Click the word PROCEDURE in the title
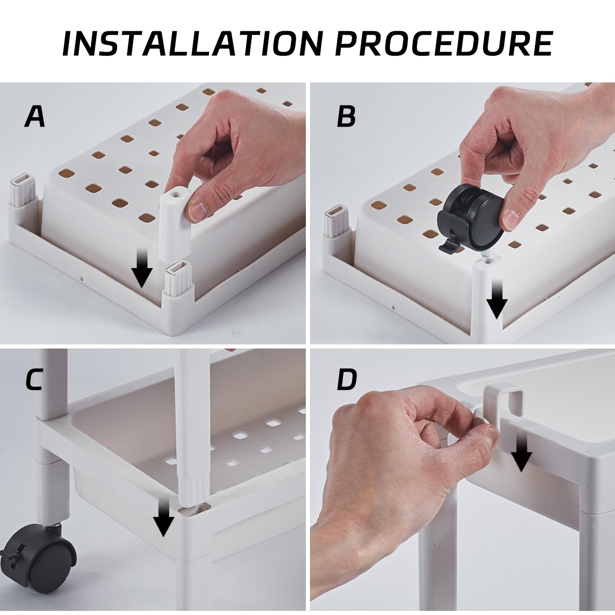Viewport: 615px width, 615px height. [x=444, y=43]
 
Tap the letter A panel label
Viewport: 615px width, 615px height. [x=35, y=116]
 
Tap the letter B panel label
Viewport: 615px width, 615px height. [x=346, y=116]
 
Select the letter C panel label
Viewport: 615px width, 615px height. [x=34, y=380]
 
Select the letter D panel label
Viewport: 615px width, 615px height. [x=347, y=380]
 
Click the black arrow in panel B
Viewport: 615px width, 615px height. [x=497, y=299]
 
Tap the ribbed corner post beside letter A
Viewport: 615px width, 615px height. [x=24, y=190]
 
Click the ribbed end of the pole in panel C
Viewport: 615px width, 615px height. [x=194, y=489]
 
